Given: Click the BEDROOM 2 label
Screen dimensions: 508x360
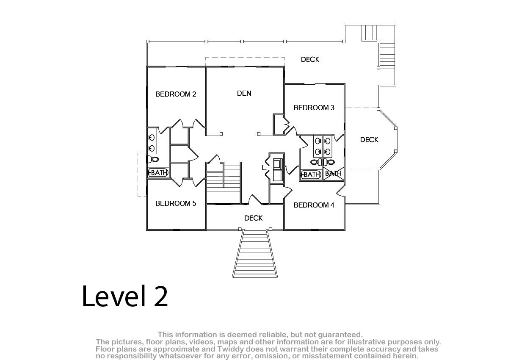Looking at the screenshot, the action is [176, 94].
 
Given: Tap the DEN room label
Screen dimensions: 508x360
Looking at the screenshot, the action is [244, 93].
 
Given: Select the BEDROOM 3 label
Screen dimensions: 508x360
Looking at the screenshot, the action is [314, 108].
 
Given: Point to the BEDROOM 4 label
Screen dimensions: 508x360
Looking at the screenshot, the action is [314, 205].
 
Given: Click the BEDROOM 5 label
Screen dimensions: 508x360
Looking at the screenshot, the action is [176, 203].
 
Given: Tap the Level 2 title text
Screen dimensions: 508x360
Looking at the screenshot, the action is [125, 296].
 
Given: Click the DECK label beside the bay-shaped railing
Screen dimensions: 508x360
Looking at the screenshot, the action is [369, 140].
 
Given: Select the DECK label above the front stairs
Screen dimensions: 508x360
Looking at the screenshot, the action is [253, 218].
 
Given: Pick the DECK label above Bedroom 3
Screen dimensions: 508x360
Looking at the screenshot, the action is [310, 59].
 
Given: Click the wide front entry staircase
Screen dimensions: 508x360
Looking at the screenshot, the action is [255, 254].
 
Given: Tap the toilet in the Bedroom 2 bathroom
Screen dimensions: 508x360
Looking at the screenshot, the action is [153, 159].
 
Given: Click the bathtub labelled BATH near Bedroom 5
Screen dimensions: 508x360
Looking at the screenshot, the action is [158, 173].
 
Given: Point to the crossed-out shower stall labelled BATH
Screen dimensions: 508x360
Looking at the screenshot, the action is [334, 174].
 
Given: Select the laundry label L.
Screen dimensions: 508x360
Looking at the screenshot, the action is [264, 168].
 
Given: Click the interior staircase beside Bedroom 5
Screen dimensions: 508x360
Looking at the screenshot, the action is [224, 182].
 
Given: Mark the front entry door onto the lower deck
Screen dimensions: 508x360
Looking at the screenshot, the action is [255, 199].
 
